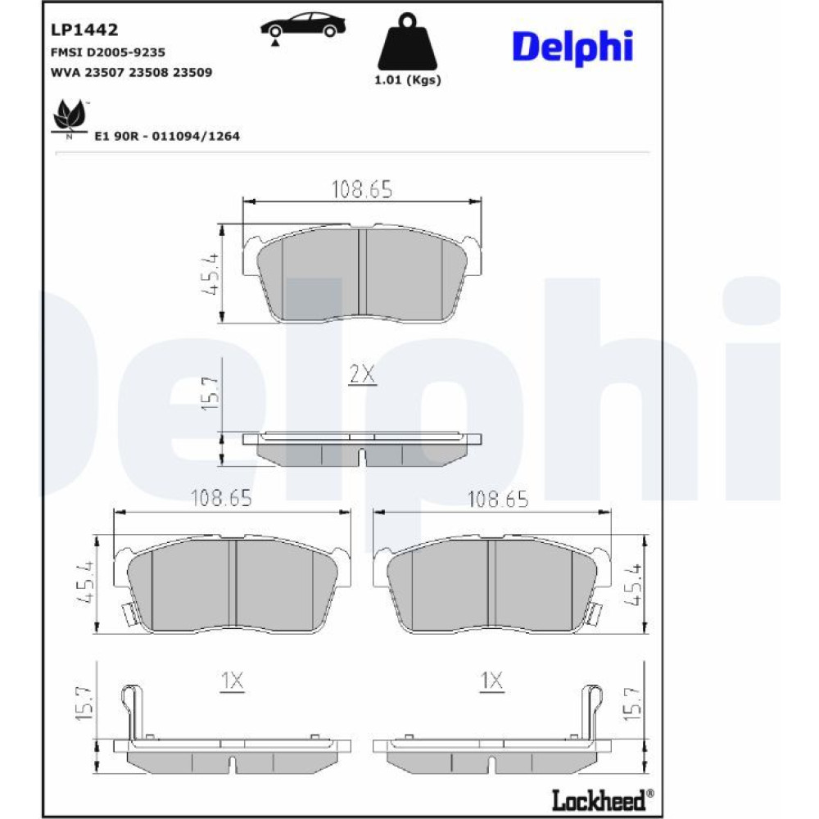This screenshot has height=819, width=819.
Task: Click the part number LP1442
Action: click(84, 29)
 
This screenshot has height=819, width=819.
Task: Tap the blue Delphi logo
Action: click(573, 47)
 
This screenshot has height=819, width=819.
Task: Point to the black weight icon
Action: click(407, 42)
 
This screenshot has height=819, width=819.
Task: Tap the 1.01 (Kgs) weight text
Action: click(408, 80)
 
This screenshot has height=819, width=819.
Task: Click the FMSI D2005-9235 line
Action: click(107, 52)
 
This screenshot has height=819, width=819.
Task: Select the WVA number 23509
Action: click(192, 72)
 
